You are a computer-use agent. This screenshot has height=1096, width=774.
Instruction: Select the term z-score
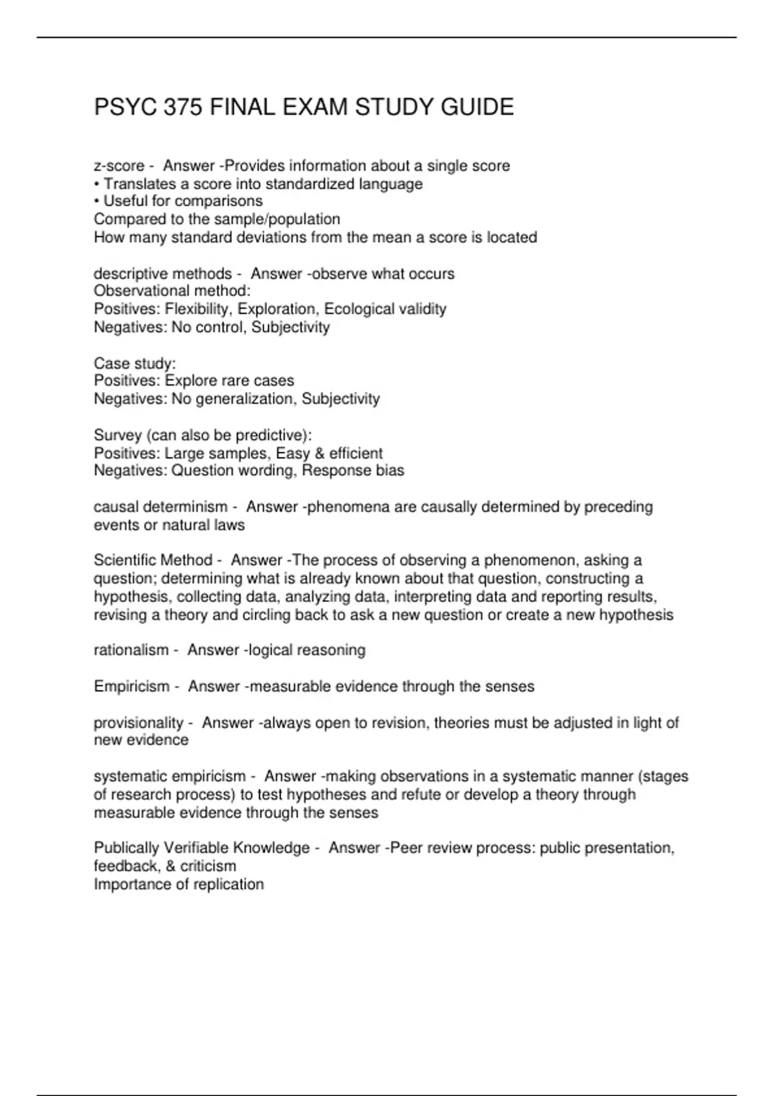pos(119,166)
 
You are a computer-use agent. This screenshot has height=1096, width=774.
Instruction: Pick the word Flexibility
pos(199,309)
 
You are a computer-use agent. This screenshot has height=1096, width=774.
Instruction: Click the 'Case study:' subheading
pos(135,363)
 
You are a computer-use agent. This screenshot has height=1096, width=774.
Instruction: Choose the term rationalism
pos(131,650)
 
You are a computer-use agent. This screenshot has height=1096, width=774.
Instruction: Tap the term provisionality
pos(139,723)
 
